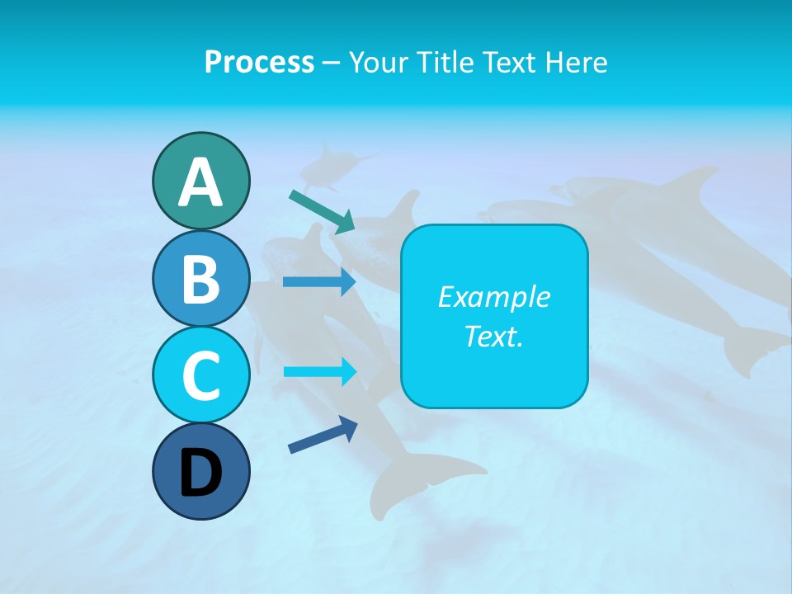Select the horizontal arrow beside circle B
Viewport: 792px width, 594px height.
(x=318, y=282)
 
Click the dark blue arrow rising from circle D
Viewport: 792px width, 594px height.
(x=323, y=435)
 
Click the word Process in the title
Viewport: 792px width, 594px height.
(x=259, y=62)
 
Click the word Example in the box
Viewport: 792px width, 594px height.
(x=494, y=297)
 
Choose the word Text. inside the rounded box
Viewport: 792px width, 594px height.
(x=494, y=336)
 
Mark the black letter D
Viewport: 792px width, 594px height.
(x=200, y=474)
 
